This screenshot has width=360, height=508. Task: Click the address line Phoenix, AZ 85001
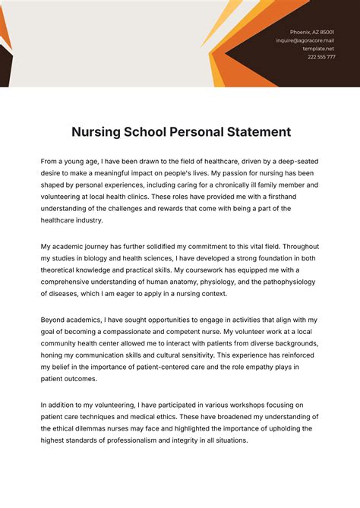[x=312, y=32]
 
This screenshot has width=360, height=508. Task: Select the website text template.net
[x=319, y=49]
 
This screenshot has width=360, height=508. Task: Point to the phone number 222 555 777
[x=321, y=57]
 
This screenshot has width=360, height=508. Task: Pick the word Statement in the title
[x=254, y=132]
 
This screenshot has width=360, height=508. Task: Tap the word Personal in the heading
[x=197, y=132]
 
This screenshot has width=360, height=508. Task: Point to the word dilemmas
[x=99, y=428]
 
